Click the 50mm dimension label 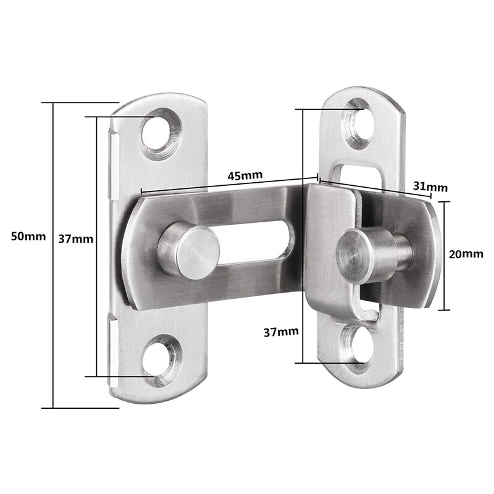click(24, 236)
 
